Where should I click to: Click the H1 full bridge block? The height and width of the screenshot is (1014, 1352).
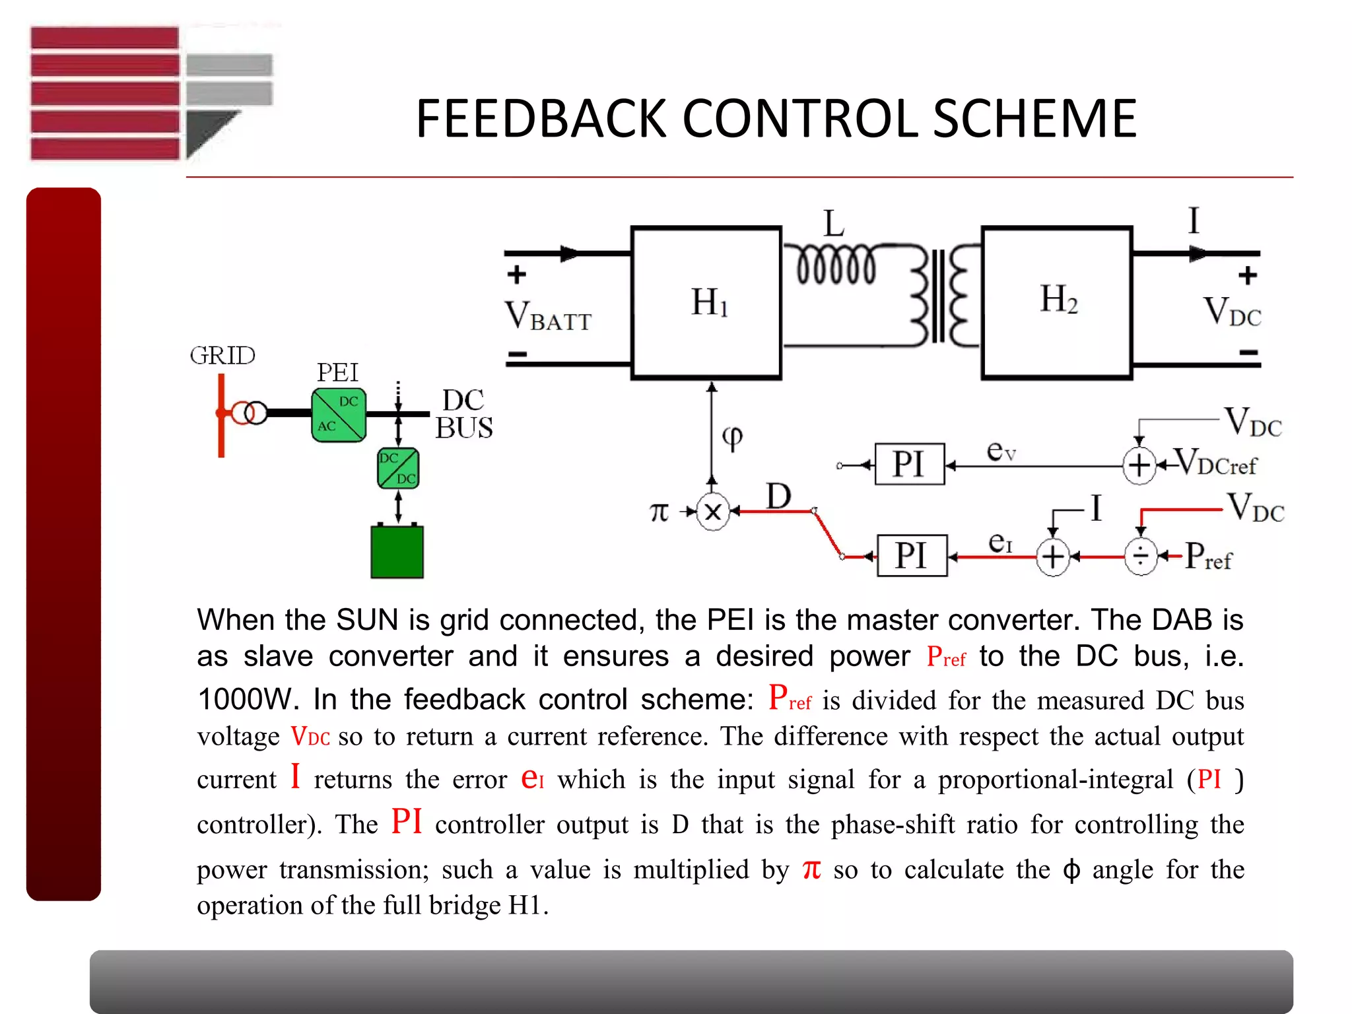706,302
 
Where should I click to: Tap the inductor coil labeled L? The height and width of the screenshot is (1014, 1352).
836,264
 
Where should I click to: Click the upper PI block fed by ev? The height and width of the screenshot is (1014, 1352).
909,464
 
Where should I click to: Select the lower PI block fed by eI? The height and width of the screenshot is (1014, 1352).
912,556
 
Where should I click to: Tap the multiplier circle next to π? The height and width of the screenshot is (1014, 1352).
713,512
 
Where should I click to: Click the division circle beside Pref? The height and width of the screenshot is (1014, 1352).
1141,557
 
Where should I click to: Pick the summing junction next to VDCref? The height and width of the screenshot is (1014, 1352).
1139,465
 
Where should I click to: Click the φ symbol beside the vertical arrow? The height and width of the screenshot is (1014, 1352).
732,436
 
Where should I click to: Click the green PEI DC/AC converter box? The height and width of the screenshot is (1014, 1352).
339,415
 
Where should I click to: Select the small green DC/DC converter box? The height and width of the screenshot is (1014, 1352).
398,468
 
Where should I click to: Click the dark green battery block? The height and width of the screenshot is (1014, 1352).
397,551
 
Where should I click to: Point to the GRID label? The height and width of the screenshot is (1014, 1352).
222,356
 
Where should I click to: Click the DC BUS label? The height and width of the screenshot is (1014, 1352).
464,414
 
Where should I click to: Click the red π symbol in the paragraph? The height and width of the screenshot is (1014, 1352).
811,869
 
